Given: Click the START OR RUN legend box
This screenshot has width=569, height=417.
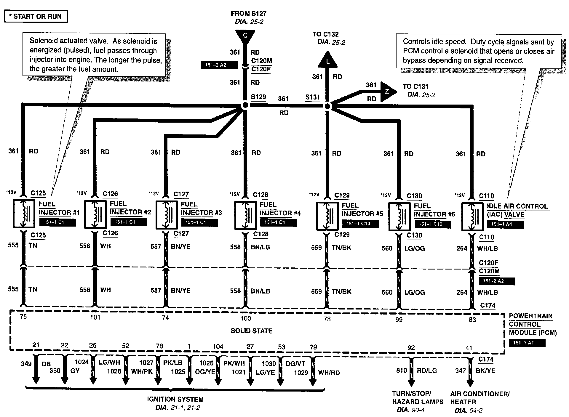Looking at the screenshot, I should tap(36, 16).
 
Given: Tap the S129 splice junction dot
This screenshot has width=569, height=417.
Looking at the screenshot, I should tap(245, 105).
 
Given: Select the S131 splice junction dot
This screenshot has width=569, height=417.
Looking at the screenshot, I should tap(327, 106).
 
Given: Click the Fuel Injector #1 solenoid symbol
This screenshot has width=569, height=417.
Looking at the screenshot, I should tap(24, 214).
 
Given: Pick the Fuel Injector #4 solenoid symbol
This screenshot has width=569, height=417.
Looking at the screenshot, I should tap(245, 216).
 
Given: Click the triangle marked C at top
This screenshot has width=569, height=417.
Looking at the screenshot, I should tap(245, 36).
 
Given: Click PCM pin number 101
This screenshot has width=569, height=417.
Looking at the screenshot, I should tap(95, 317).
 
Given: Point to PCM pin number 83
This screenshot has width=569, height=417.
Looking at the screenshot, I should tap(472, 320).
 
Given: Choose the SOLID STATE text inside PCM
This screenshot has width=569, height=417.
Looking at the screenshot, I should tap(251, 331).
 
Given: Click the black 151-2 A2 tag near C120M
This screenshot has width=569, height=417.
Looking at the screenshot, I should tap(219, 65).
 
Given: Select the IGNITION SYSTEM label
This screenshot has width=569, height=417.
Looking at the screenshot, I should tap(175, 399).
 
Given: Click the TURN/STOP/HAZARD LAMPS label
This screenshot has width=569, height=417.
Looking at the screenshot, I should tap(418, 398).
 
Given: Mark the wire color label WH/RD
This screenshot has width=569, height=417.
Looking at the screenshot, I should tap(329, 373).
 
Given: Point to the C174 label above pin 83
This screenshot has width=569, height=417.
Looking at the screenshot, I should tap(488, 305).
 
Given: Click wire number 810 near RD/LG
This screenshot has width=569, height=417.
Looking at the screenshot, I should tap(402, 371).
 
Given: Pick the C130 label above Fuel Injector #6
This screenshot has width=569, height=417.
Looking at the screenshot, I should tap(414, 196).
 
